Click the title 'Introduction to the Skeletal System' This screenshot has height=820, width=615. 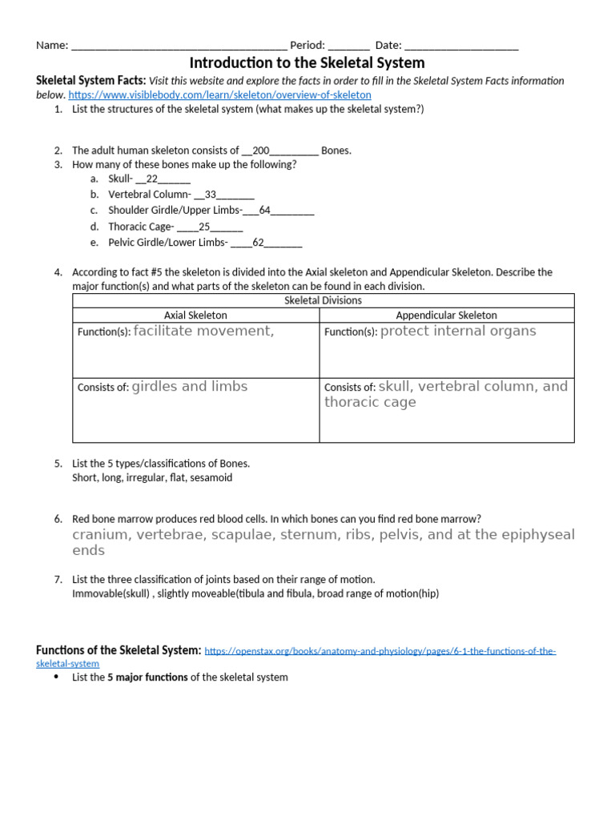tap(307, 62)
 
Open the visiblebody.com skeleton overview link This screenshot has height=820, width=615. tap(219, 94)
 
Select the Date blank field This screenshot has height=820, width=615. tap(461, 46)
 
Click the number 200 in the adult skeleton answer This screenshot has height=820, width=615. tap(261, 150)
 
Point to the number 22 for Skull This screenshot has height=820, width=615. tap(152, 179)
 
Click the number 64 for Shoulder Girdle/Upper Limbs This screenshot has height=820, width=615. tap(265, 211)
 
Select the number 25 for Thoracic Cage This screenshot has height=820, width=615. tap(204, 227)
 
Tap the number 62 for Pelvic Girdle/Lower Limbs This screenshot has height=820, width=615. tap(258, 243)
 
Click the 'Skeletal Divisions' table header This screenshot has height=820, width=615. tap(323, 300)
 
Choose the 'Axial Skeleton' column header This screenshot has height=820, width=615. tap(195, 316)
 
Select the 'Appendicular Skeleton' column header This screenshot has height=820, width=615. tap(446, 316)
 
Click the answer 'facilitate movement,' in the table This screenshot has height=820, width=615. tap(203, 331)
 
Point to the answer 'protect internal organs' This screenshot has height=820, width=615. tap(458, 331)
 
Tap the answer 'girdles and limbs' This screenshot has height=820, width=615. tap(190, 386)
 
